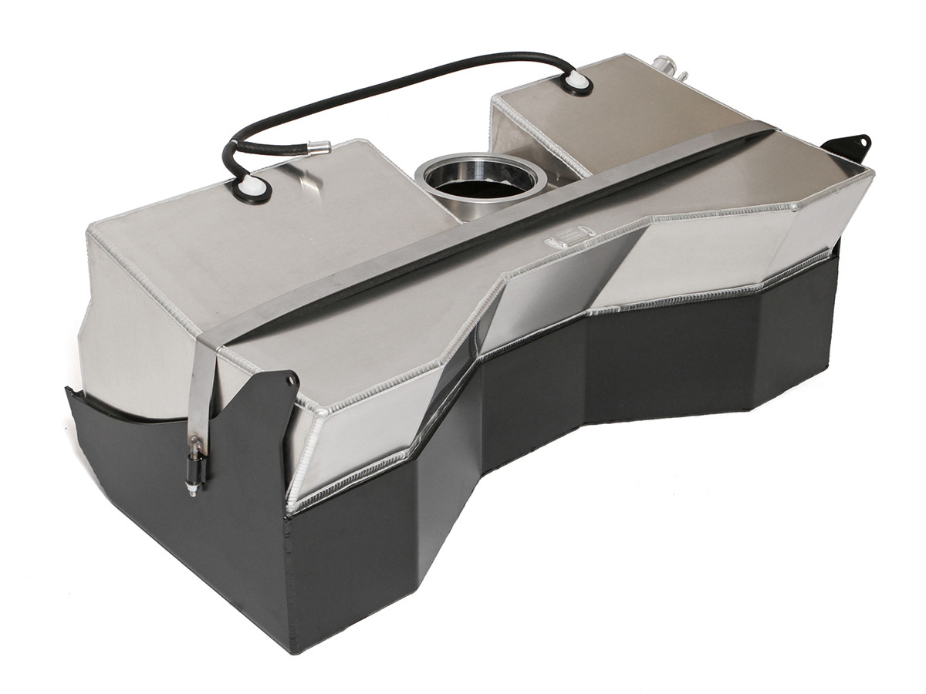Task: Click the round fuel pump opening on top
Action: (x=480, y=179)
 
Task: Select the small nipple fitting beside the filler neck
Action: (x=682, y=74)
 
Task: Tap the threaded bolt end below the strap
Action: (x=191, y=487)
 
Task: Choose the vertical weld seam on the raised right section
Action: (x=494, y=135)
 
